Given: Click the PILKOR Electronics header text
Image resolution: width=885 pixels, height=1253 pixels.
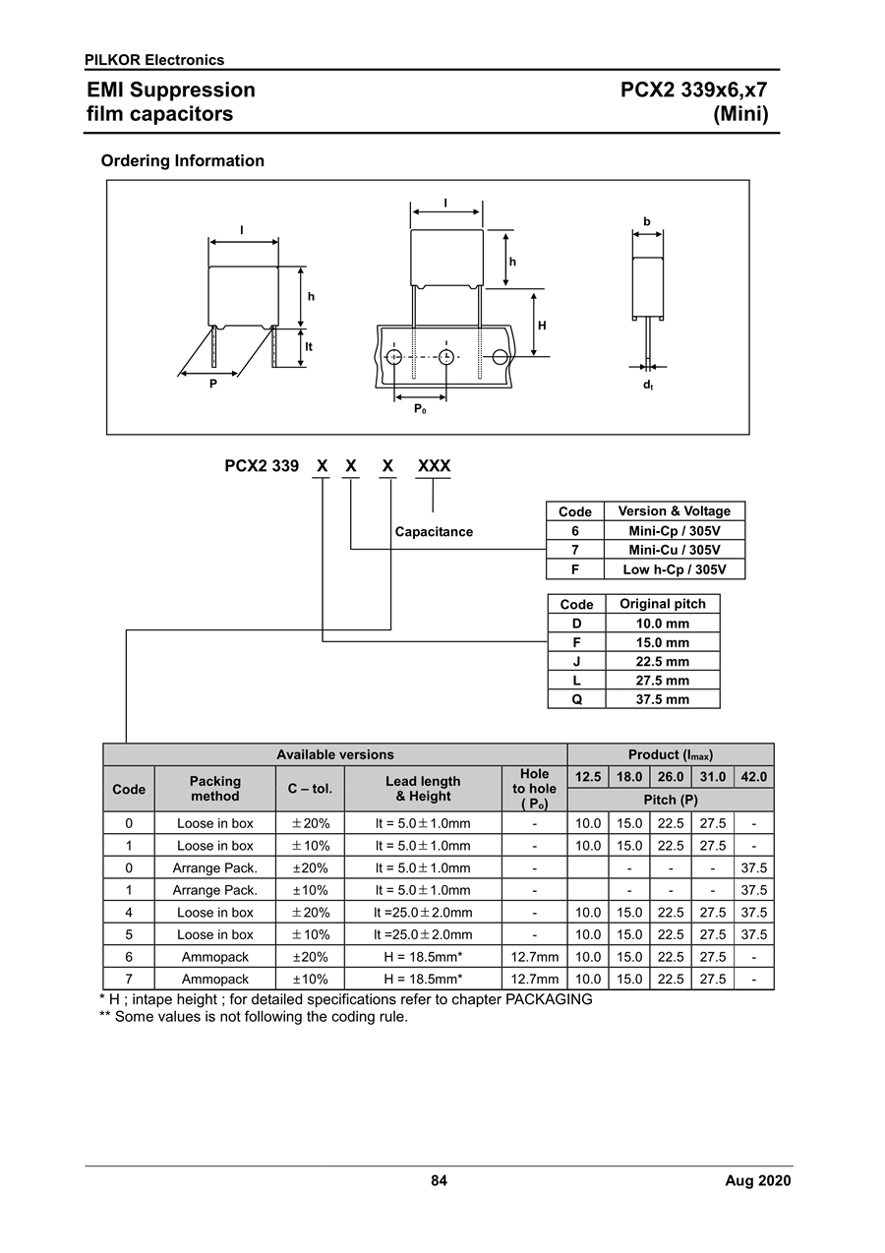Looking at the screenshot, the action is pyautogui.click(x=154, y=60).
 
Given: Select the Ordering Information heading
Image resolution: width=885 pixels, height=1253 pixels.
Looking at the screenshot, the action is pyautogui.click(x=182, y=161).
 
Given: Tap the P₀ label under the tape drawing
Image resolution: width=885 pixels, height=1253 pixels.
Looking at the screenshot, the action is pyautogui.click(x=420, y=409).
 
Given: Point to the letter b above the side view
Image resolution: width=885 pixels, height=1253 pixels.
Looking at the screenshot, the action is pyautogui.click(x=647, y=221).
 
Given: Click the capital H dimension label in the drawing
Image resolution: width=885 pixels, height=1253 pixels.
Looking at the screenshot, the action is pyautogui.click(x=542, y=326).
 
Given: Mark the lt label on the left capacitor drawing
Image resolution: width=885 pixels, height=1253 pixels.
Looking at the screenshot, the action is pyautogui.click(x=309, y=347).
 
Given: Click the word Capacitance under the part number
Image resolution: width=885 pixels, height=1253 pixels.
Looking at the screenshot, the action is pyautogui.click(x=434, y=532).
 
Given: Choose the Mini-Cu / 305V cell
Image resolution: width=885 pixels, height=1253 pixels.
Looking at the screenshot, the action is pyautogui.click(x=675, y=550).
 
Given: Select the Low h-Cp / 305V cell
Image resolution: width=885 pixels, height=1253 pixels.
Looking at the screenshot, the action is pyautogui.click(x=675, y=569).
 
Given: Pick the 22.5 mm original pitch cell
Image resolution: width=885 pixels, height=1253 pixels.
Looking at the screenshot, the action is pyautogui.click(x=663, y=661).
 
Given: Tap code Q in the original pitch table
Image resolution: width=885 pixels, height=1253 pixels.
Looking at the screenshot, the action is pyautogui.click(x=576, y=699).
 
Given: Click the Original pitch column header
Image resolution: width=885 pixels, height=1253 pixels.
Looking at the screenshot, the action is pyautogui.click(x=663, y=604).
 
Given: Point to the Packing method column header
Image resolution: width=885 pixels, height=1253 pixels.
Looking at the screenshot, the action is pyautogui.click(x=214, y=789).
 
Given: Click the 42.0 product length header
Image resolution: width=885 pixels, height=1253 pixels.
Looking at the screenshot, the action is pyautogui.click(x=753, y=777).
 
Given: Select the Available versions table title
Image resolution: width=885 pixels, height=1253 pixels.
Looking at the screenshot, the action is pyautogui.click(x=335, y=754).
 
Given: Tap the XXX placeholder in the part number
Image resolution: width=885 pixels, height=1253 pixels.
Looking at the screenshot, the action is pyautogui.click(x=434, y=466).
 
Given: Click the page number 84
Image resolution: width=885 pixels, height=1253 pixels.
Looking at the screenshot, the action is pyautogui.click(x=440, y=1181).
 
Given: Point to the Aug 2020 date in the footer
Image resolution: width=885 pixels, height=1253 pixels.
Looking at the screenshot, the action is pyautogui.click(x=758, y=1181).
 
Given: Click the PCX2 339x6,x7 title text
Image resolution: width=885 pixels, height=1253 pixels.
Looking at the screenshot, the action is pyautogui.click(x=693, y=90).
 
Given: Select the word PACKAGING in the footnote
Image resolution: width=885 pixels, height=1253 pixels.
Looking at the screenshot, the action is pyautogui.click(x=549, y=999).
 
